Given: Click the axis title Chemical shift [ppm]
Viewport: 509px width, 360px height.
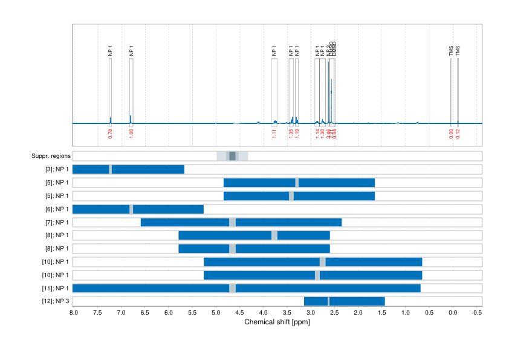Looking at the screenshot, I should point(276,322).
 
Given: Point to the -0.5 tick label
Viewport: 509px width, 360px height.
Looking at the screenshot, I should point(476,312).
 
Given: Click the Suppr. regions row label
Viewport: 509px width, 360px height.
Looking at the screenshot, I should point(50,156).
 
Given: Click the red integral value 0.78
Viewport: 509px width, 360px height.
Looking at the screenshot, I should point(110,134).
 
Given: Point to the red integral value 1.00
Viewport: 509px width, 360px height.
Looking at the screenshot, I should point(131,134).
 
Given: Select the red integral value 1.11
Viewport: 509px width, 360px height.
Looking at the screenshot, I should point(274,134).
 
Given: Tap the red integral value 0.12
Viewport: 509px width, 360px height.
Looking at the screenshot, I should point(458,134).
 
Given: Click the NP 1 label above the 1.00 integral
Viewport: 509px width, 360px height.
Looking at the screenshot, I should point(131,51).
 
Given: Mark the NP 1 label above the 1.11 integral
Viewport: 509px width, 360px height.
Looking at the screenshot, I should point(274,51).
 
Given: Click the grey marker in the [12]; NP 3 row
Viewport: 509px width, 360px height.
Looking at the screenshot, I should point(328,301).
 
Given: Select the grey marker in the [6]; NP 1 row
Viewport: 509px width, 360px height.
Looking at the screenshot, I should point(132,209).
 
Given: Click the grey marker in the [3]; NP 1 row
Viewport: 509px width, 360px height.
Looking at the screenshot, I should point(110,169).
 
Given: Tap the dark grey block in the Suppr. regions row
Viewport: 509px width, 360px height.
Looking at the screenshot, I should point(232,156).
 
